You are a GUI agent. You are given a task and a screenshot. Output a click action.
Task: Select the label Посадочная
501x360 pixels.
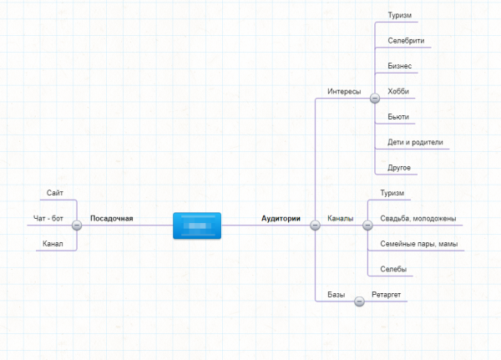coord(112,219)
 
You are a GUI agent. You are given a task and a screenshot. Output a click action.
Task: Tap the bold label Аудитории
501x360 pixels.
coord(281,219)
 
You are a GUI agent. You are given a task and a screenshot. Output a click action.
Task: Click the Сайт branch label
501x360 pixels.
coord(56,194)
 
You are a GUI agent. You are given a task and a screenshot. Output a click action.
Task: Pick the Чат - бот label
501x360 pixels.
coord(48,219)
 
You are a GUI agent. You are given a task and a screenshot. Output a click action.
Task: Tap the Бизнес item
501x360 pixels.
coord(399,66)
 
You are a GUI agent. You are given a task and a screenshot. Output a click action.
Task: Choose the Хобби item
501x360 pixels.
coord(398,91)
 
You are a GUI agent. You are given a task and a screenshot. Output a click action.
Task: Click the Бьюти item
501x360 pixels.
coord(398,117)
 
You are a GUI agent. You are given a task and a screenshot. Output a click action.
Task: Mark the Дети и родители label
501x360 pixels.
coord(415,142)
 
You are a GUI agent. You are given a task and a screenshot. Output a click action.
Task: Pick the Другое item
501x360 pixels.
coord(399,168)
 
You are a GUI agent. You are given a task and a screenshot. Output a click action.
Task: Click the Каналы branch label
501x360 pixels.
coord(340,219)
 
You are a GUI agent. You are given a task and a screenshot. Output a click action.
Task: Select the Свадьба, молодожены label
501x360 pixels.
coord(417,219)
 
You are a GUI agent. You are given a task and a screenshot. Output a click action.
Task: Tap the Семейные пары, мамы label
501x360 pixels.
coord(418,244)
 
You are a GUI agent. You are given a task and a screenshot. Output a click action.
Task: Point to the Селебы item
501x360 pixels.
coord(393,269)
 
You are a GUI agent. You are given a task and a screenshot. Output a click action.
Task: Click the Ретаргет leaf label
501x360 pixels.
coord(387,295)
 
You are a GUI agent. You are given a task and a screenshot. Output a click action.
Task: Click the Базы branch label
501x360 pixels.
coord(337,295)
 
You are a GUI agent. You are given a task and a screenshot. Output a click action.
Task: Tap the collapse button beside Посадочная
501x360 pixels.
coord(77,225)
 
